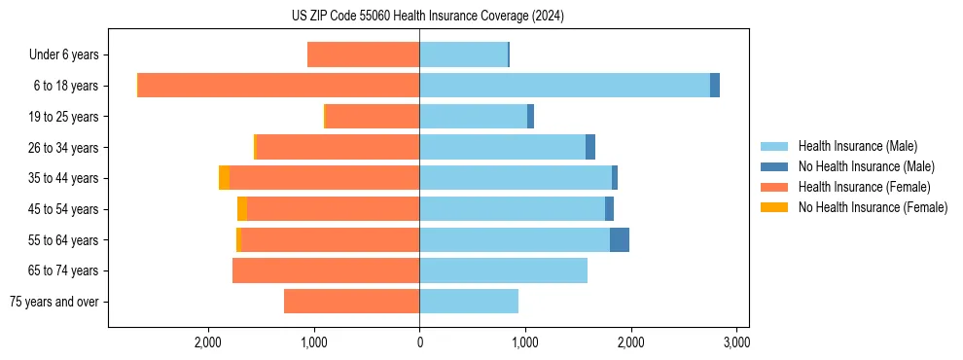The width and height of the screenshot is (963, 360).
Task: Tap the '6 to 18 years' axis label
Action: (x=65, y=86)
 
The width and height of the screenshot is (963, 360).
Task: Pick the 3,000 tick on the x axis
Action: (x=736, y=342)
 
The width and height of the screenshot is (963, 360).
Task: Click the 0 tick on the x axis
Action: (x=419, y=342)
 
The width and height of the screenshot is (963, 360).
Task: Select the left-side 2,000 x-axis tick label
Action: (x=208, y=342)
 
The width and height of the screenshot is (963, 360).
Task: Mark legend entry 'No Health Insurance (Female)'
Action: (x=872, y=207)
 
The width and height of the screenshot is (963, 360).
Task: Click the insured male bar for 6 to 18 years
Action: (x=564, y=86)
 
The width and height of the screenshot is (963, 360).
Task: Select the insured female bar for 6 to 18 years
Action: (x=278, y=86)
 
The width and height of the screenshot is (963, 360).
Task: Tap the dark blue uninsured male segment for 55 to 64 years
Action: (x=620, y=239)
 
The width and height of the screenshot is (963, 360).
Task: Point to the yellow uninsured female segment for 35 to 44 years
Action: (x=224, y=178)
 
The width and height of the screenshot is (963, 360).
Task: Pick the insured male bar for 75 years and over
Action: (x=469, y=302)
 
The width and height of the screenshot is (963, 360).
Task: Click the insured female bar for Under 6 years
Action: (x=363, y=55)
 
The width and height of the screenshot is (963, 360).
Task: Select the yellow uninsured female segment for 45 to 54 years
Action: (x=242, y=209)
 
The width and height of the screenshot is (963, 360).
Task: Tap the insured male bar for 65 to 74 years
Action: (x=503, y=270)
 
